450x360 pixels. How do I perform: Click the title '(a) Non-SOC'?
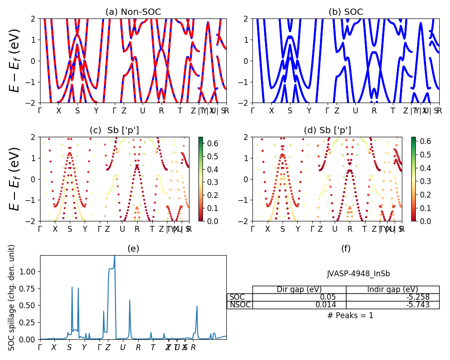point(133,12)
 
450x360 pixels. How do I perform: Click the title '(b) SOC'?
point(346,12)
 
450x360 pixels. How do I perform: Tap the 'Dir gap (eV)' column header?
point(299,289)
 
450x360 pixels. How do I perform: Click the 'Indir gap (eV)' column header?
point(392,289)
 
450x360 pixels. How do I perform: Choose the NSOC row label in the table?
point(240,305)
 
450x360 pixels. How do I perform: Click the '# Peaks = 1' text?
point(350,315)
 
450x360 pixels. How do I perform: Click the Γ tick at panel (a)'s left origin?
point(40,110)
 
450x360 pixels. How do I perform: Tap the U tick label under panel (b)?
point(355,110)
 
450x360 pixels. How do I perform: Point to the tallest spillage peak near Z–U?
point(114,257)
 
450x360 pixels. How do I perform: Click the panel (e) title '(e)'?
point(133,248)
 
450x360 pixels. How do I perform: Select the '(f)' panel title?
point(346,248)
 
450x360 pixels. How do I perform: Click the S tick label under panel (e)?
point(69,347)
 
